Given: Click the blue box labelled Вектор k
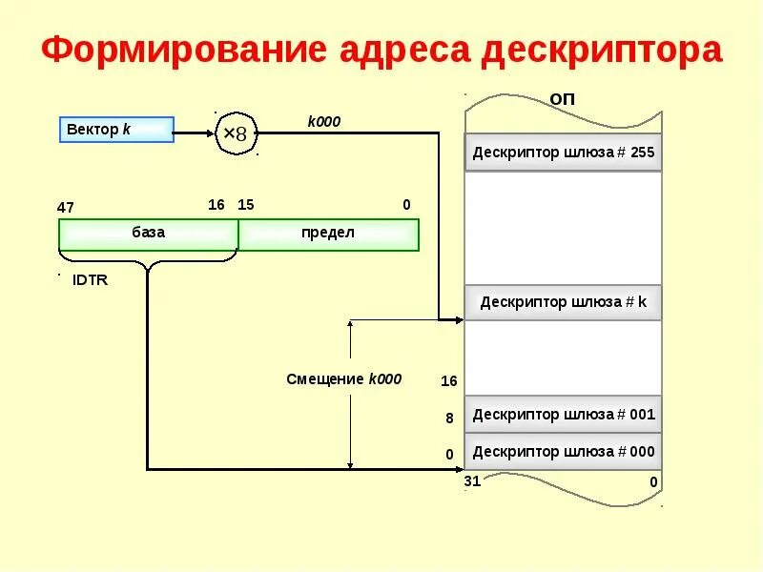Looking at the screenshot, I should (116, 130).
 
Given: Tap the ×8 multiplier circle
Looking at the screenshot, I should (235, 133).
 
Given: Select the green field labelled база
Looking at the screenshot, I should (148, 235).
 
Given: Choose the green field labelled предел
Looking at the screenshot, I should (328, 235).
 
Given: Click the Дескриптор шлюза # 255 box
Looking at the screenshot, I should (563, 153).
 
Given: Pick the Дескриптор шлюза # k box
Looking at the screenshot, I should (563, 302).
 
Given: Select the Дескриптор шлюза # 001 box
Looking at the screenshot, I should (563, 415).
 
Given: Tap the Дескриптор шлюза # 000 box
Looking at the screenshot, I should (563, 451).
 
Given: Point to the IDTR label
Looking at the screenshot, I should (91, 280).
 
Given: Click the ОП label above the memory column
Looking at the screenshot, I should (563, 99).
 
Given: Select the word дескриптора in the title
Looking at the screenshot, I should (601, 50).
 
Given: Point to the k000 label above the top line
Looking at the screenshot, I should (323, 121).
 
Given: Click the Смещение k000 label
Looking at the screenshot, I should (343, 378).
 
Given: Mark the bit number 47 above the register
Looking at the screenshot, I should (66, 207).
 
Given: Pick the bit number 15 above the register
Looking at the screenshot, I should (246, 205).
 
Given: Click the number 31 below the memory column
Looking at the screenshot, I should (472, 481).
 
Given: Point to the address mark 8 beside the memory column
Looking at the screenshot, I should (449, 418).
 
